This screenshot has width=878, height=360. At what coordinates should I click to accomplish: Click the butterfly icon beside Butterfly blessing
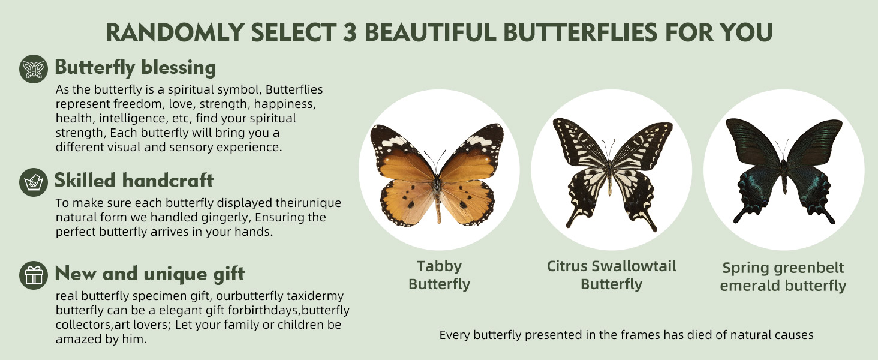pos(34,69)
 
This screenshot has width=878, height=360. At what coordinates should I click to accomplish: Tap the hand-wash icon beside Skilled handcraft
pos(34,182)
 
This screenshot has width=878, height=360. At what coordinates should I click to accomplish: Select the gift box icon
pos(34,275)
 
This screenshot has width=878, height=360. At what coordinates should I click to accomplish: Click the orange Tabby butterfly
pos(437,175)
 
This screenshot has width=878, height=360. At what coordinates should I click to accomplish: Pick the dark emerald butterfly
pos(783,170)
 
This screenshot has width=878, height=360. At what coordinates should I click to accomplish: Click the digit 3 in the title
pos(349,32)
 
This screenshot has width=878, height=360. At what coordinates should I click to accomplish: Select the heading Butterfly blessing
pos(135,67)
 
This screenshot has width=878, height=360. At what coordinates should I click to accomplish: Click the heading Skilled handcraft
pos(134,181)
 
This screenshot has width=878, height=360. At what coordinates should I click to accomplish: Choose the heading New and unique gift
pos(150,274)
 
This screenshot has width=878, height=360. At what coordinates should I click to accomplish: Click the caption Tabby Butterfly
pos(440,275)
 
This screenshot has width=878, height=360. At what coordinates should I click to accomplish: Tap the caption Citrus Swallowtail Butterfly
pos(612,275)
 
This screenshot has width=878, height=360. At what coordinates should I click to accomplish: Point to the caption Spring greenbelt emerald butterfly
pos(783,277)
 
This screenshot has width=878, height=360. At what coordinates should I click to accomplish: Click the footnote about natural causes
pos(626,335)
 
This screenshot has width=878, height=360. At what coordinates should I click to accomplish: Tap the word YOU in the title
pos(748,32)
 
